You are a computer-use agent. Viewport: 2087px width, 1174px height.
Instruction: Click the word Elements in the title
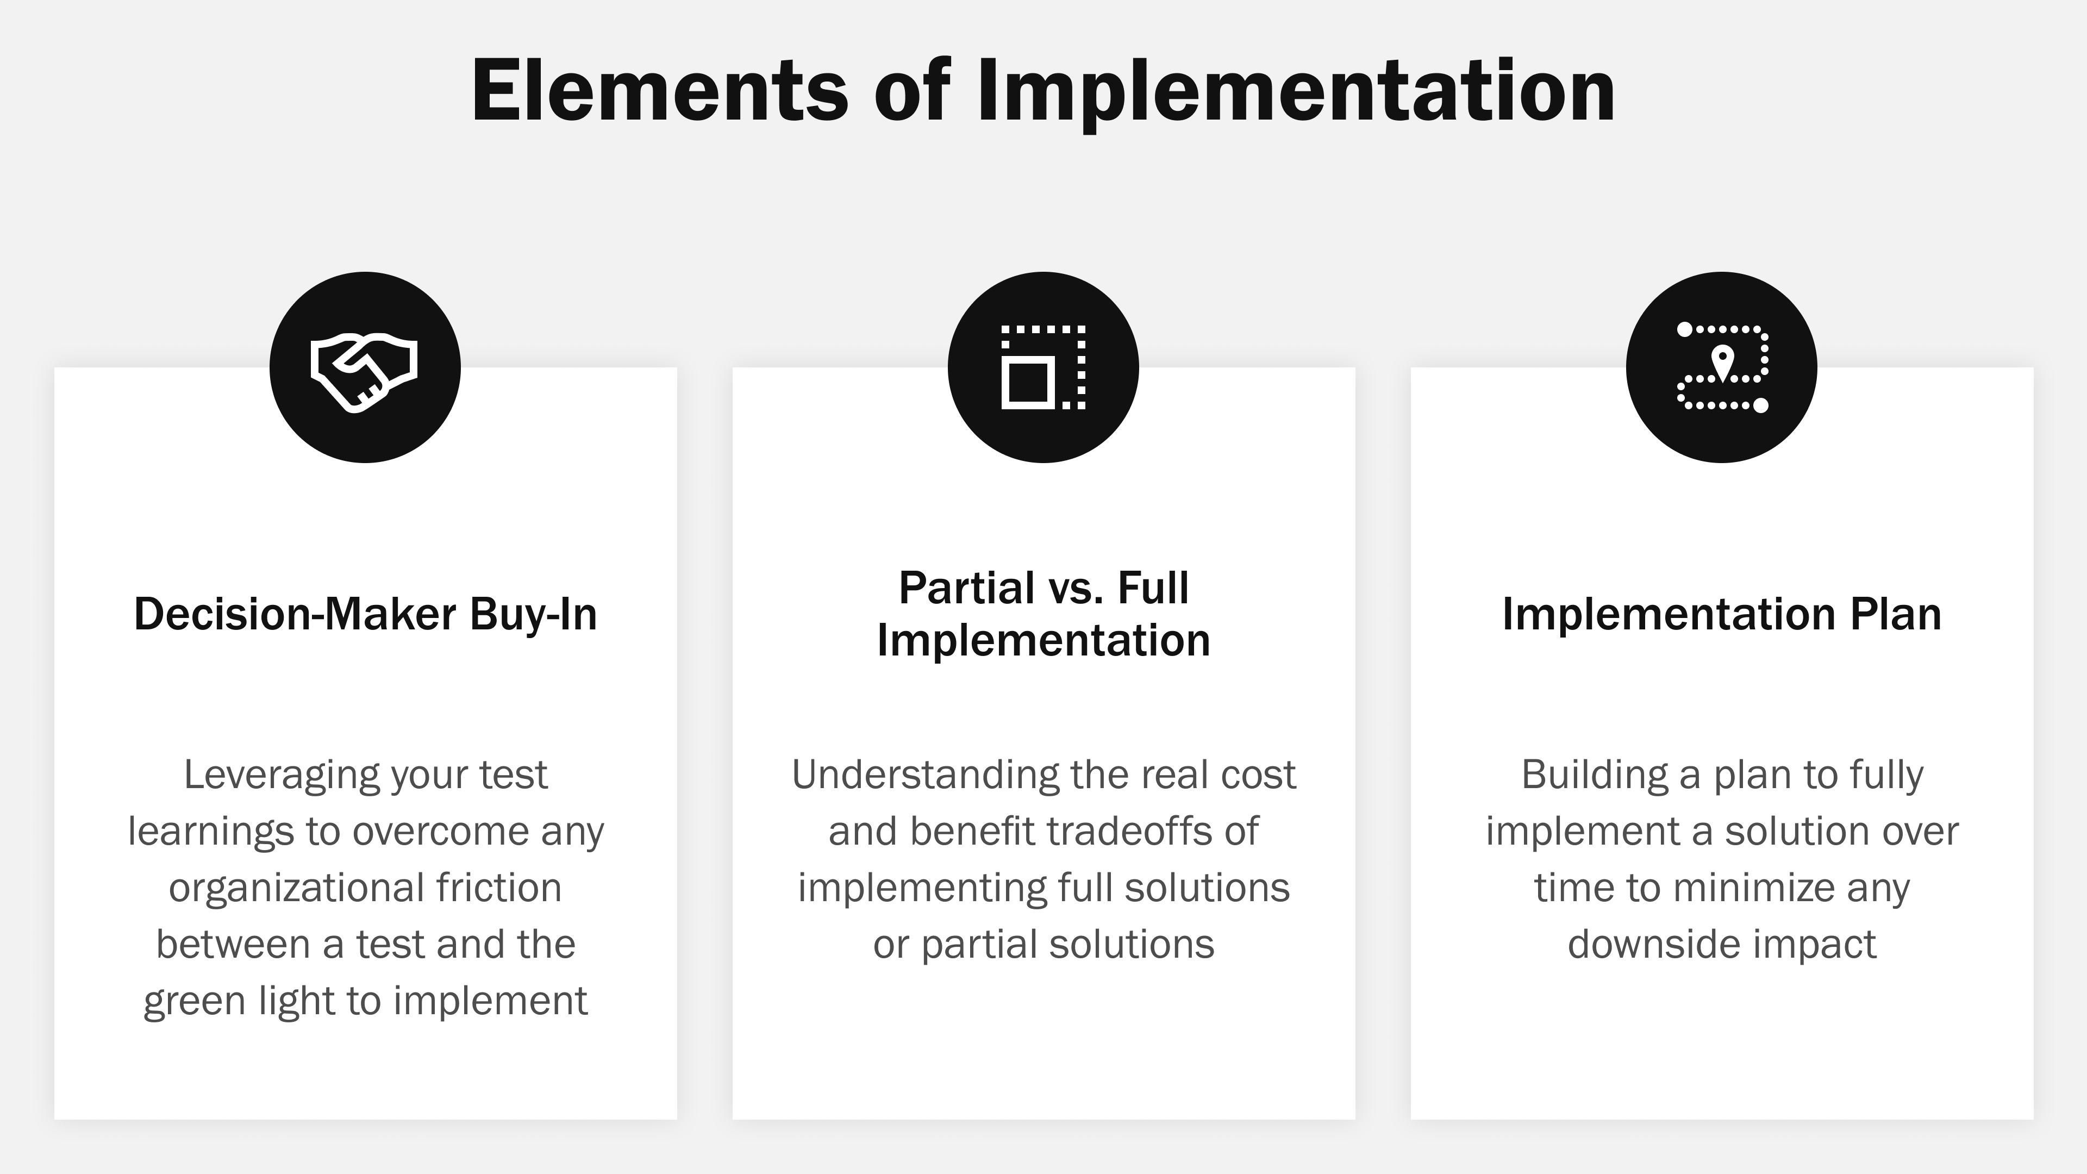click(x=659, y=91)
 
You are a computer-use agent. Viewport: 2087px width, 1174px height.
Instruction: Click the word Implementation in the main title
click(x=1296, y=91)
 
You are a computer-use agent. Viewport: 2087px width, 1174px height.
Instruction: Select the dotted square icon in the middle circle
click(x=1043, y=367)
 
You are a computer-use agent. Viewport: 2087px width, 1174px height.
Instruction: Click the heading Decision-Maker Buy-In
click(x=365, y=614)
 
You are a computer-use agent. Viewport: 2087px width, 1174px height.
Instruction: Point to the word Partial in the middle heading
click(x=966, y=588)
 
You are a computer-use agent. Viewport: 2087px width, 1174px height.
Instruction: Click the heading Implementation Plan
click(x=1722, y=614)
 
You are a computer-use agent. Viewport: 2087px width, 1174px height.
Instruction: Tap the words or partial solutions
click(x=1043, y=945)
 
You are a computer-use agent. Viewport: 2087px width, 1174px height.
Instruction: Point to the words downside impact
click(x=1722, y=945)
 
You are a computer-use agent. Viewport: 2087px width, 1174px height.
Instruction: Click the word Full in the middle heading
click(x=1153, y=588)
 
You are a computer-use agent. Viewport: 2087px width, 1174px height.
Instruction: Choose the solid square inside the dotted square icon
click(x=1027, y=383)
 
